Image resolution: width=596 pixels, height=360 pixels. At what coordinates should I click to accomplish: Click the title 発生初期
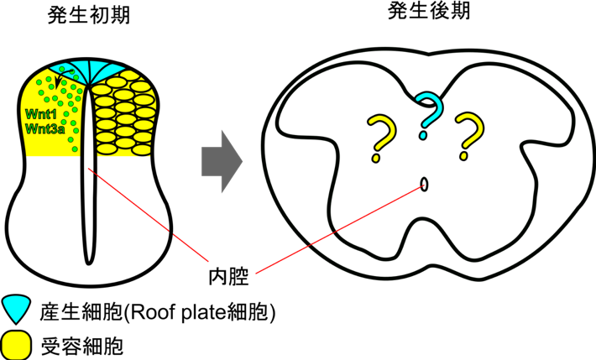pos(89,16)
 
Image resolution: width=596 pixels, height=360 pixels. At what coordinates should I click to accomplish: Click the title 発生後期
pos(429,12)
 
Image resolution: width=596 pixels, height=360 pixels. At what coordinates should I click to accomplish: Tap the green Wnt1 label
pos(40,113)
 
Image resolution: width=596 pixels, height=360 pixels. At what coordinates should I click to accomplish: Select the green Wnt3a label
pos(44,129)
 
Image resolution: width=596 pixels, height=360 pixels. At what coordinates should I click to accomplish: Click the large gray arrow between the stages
pos(222,161)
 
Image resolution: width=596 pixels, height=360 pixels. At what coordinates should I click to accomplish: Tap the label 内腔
pos(228,276)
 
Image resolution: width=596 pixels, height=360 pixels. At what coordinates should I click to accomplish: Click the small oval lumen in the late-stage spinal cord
pos(424,185)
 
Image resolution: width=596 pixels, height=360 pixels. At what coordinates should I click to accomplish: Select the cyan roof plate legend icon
pos(16,309)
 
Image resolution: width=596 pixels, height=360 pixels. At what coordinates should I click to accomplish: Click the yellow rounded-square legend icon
pos(15,345)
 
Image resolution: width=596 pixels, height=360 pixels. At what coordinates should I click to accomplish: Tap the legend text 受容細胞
pos(82,346)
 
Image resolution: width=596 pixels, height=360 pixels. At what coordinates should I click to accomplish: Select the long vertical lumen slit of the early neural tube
pos(89,175)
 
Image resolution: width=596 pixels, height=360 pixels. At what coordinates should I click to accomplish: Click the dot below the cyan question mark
pos(423,135)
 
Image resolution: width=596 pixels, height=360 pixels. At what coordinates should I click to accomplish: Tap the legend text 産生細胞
pos(81,312)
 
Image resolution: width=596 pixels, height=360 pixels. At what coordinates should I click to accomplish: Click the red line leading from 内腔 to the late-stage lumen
pos(339,229)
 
